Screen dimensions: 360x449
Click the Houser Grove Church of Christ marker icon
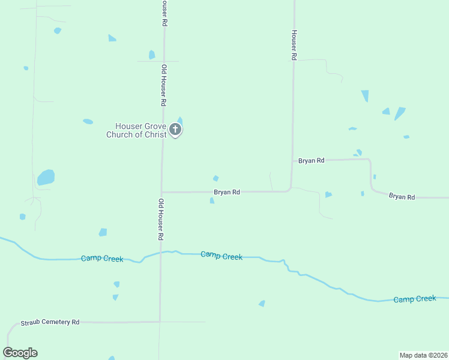pos(175,129)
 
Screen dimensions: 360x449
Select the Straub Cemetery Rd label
pos(50,322)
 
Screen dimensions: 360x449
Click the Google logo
pos(20,353)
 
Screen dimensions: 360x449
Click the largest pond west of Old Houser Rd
pos(46,177)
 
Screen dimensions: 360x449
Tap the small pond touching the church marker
pos(180,120)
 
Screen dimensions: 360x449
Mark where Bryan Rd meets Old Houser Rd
pos(161,192)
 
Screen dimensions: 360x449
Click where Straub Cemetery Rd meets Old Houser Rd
pos(160,322)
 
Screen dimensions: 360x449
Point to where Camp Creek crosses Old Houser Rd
pos(160,253)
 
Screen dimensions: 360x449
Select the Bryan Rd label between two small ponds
pos(227,192)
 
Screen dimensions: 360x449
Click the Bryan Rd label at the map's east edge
pos(402,196)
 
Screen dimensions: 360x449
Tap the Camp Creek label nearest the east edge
pos(415,298)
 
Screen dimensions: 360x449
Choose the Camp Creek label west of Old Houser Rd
pos(102,259)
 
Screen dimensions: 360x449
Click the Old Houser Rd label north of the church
pos(163,86)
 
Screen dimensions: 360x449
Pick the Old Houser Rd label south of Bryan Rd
pos(161,220)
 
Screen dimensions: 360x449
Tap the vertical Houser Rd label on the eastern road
pos(294,45)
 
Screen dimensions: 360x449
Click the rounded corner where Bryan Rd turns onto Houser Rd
pos(290,189)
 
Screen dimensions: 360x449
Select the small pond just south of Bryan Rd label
pos(212,200)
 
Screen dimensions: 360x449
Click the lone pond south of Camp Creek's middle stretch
pos(262,304)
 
